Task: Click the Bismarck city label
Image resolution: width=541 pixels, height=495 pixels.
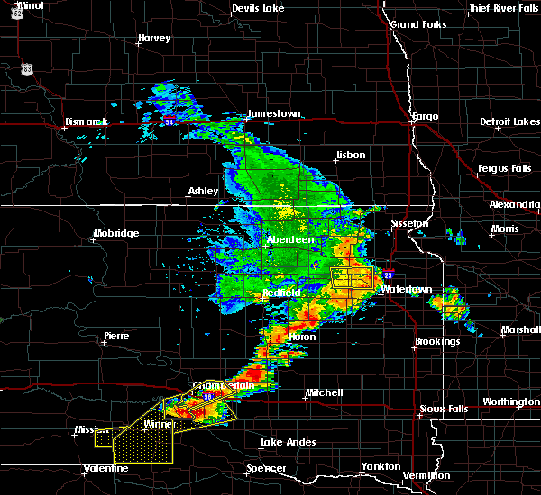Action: (86, 121)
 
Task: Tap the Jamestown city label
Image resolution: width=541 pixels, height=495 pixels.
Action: (274, 114)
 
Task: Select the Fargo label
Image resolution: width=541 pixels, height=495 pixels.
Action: (424, 117)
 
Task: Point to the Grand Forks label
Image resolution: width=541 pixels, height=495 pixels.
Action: (417, 24)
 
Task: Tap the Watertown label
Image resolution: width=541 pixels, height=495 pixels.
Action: (407, 289)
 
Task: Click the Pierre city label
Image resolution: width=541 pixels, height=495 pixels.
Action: (117, 336)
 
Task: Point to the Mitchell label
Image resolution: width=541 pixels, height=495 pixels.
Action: (324, 392)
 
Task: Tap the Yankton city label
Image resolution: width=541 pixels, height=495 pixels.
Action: (381, 466)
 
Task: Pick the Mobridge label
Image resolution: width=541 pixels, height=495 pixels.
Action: (116, 234)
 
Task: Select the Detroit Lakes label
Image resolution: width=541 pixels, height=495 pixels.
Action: (510, 121)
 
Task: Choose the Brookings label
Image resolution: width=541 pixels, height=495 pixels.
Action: (437, 341)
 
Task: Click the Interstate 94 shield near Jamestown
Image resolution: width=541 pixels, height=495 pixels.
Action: (170, 118)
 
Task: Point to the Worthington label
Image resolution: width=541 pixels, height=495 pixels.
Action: (510, 401)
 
